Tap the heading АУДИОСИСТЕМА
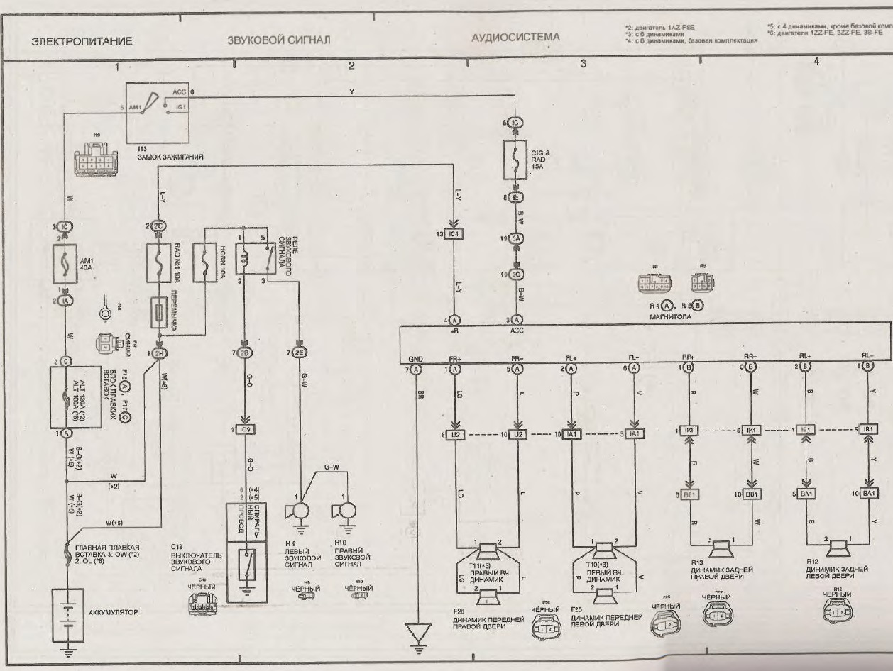click(515, 37)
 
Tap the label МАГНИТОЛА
click(670, 318)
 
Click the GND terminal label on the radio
click(416, 358)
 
